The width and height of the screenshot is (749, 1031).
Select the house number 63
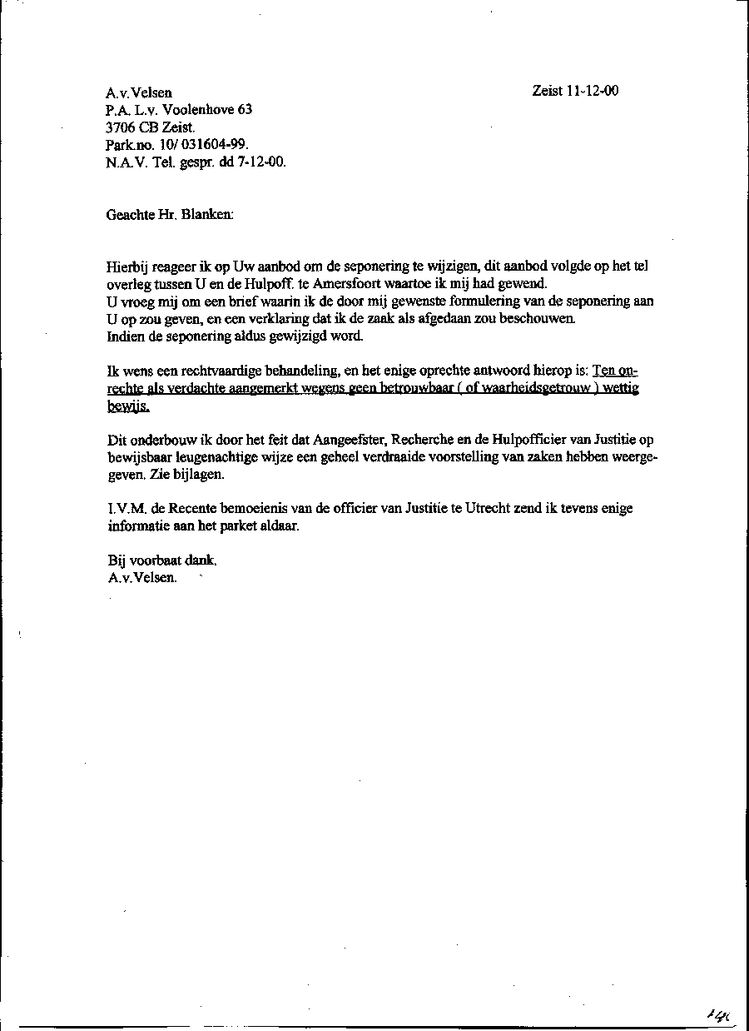click(x=245, y=109)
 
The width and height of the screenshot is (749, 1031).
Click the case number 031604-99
click(x=201, y=145)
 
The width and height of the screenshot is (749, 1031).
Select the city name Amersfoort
click(x=348, y=283)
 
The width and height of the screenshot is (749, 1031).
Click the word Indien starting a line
click(x=126, y=336)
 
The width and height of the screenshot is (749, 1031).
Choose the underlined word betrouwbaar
click(x=416, y=389)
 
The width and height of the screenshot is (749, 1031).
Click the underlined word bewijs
click(x=127, y=406)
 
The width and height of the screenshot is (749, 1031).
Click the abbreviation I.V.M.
click(x=126, y=508)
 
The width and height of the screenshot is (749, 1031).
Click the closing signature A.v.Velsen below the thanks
click(x=141, y=578)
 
